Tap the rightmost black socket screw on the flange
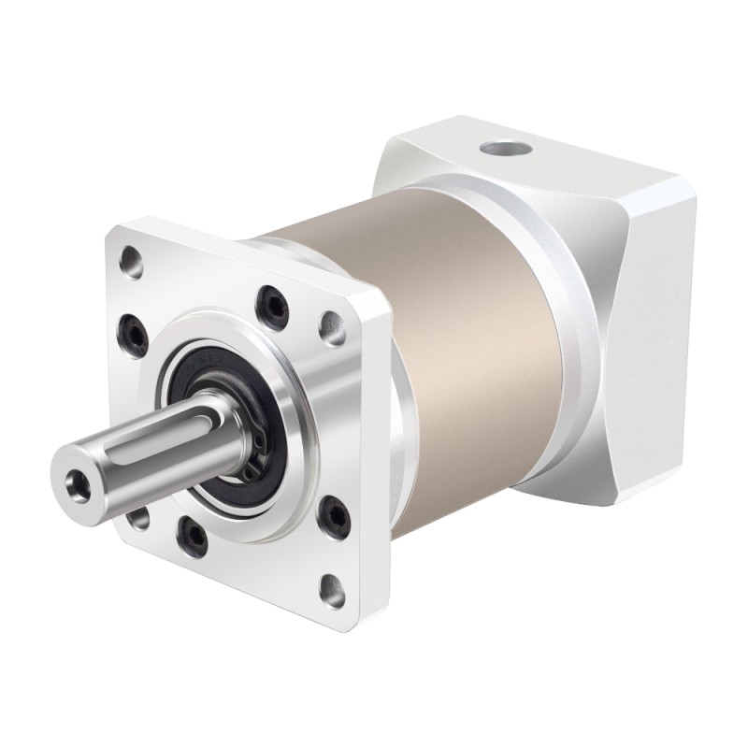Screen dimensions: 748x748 [x=332, y=511]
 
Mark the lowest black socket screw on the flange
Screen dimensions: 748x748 [x=193, y=533]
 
